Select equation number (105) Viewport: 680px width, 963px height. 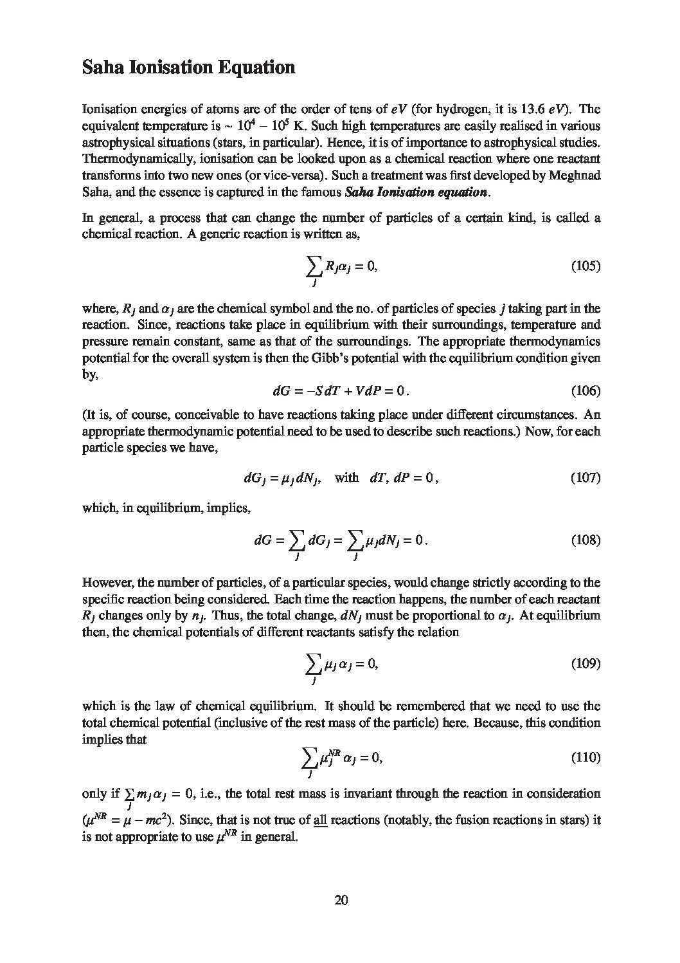coord(586,266)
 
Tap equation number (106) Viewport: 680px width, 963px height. coord(586,390)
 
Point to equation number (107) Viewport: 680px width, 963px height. coord(586,478)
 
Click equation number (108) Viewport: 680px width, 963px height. coord(586,540)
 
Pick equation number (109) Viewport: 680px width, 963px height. coord(586,663)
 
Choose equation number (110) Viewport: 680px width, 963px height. coord(586,757)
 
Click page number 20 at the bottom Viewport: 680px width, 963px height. coord(341,900)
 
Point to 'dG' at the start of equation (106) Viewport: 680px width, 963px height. coord(282,390)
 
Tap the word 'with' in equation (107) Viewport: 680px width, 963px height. coord(347,478)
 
